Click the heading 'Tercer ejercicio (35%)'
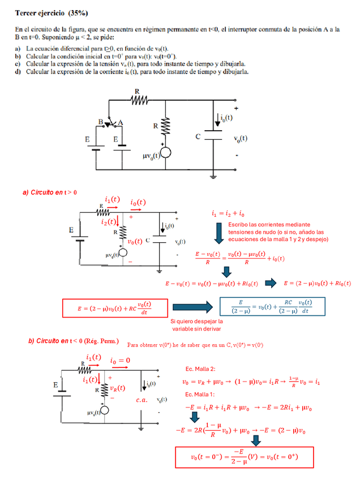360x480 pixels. pyautogui.click(x=52, y=12)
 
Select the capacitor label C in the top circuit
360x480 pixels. pyautogui.click(x=198, y=136)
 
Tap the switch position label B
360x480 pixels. pyautogui.click(x=101, y=122)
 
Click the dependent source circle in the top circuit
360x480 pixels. pyautogui.click(x=166, y=153)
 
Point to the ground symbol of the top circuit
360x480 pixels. pyautogui.click(x=213, y=177)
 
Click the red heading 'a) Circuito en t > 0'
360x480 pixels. pyautogui.click(x=50, y=192)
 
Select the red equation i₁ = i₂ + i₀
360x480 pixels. pyautogui.click(x=228, y=214)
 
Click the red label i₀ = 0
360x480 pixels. pyautogui.click(x=120, y=361)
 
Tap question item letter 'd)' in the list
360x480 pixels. pyautogui.click(x=19, y=72)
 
